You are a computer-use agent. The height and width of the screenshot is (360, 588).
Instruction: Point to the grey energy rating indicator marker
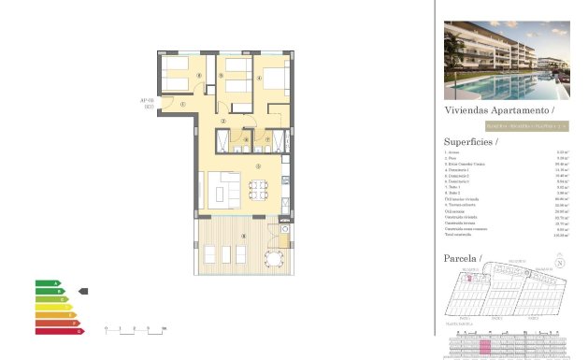(82, 292)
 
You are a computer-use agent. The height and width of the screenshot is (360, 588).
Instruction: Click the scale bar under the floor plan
(135, 329)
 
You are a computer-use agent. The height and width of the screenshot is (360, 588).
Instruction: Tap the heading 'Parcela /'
(463, 257)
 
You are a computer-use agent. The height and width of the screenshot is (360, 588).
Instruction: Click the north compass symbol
(560, 264)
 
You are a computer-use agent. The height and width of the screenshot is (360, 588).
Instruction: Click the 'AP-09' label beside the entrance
(147, 104)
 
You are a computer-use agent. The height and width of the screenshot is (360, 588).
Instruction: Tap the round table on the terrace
(274, 256)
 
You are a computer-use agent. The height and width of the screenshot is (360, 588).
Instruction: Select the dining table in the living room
(258, 187)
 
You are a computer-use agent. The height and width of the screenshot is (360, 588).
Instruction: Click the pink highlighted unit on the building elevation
(484, 346)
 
